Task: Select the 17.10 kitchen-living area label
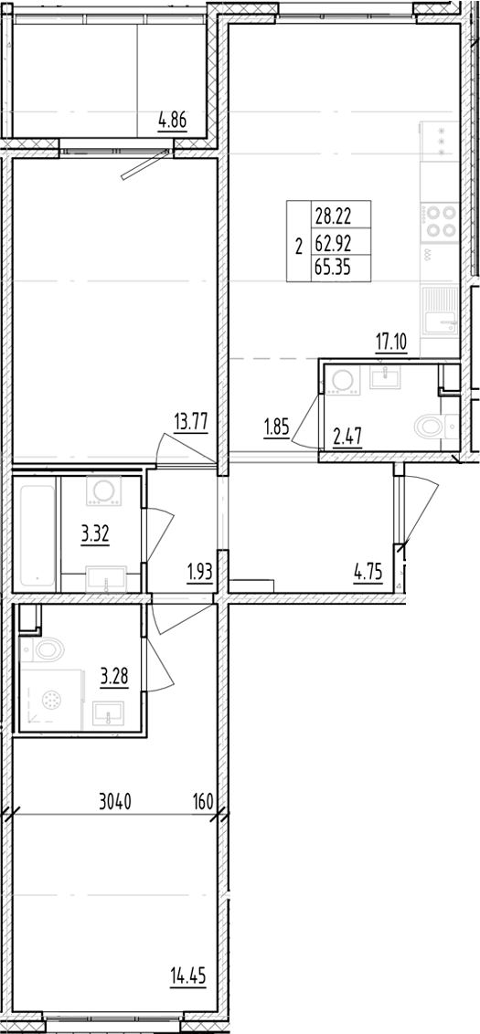click(390, 342)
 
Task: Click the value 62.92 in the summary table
click(330, 243)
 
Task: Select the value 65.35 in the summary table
click(330, 268)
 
